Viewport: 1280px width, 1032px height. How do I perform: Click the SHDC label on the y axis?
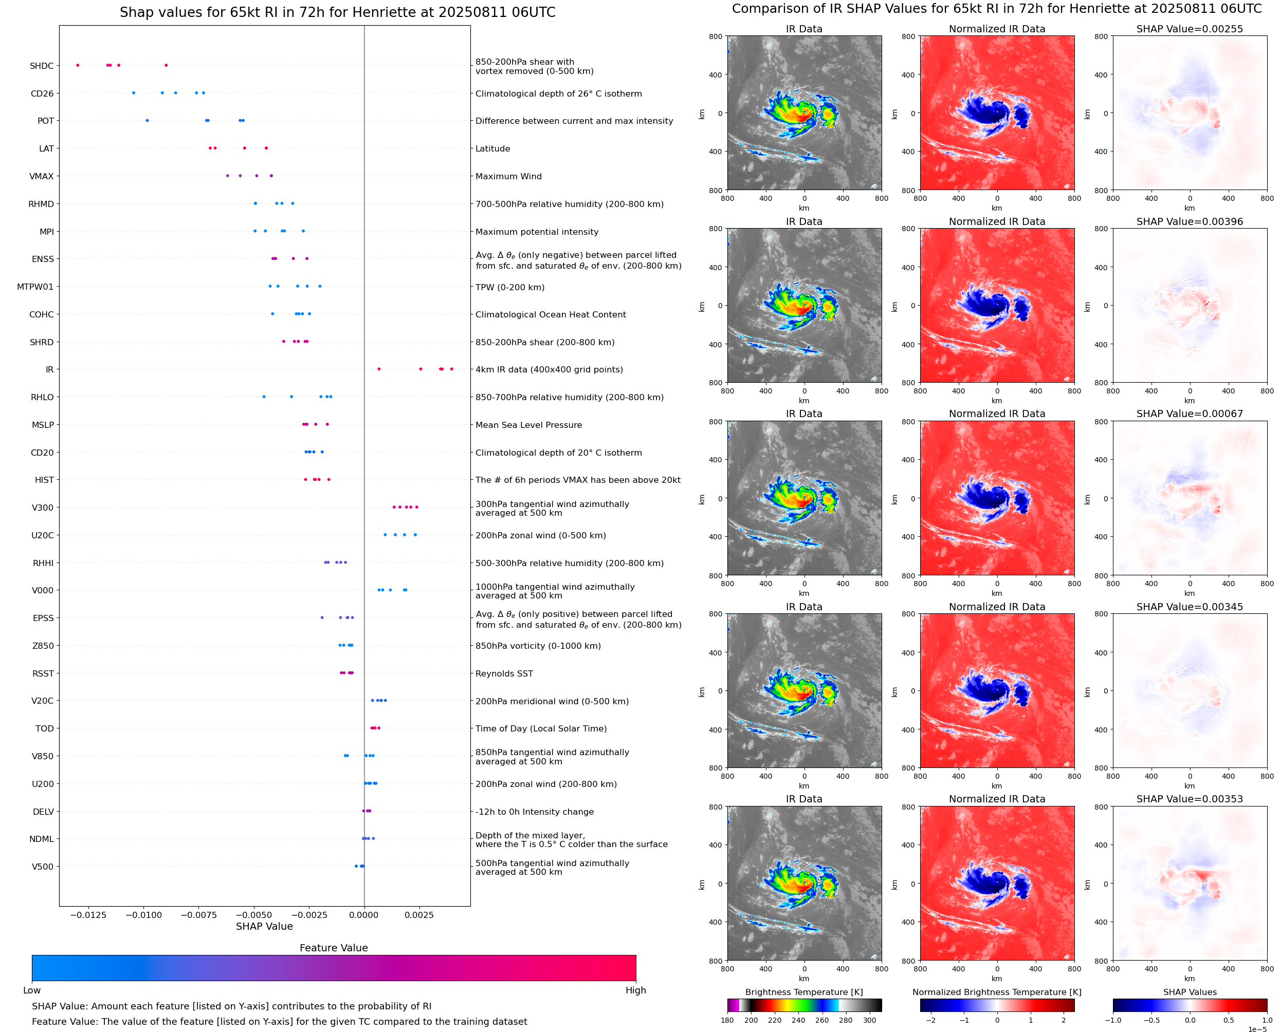pyautogui.click(x=42, y=66)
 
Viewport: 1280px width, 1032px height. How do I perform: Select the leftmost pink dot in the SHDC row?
pyautogui.click(x=78, y=65)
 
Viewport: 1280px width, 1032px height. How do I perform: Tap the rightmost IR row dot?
pyautogui.click(x=451, y=369)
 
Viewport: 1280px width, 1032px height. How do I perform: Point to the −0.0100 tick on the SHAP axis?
pyautogui.click(x=144, y=915)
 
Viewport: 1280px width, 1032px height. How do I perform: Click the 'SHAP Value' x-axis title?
pyautogui.click(x=264, y=926)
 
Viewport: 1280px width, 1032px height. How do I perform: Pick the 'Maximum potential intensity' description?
pyautogui.click(x=537, y=232)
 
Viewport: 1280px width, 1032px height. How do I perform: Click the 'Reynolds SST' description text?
pyautogui.click(x=504, y=673)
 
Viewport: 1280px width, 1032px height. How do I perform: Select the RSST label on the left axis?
pyautogui.click(x=43, y=673)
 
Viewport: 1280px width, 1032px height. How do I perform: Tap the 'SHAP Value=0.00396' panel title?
pyautogui.click(x=1189, y=222)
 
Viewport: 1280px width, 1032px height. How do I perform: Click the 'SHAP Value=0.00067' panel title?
pyautogui.click(x=1189, y=414)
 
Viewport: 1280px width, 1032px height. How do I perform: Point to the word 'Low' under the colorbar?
pyautogui.click(x=31, y=990)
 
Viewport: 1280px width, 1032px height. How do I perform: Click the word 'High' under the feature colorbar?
pyautogui.click(x=635, y=990)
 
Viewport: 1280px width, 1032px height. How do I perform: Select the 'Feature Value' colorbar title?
pyautogui.click(x=334, y=948)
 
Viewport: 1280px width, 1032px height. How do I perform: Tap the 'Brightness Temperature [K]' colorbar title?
pyautogui.click(x=803, y=992)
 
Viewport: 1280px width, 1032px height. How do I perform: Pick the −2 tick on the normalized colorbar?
pyautogui.click(x=931, y=1020)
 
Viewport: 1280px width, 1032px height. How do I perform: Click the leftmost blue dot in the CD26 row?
pyautogui.click(x=133, y=93)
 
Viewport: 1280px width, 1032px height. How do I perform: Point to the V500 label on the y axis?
pyautogui.click(x=42, y=867)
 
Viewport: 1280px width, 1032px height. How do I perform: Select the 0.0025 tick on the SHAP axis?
pyautogui.click(x=419, y=915)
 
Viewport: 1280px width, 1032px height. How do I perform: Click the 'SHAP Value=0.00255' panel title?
pyautogui.click(x=1189, y=29)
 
